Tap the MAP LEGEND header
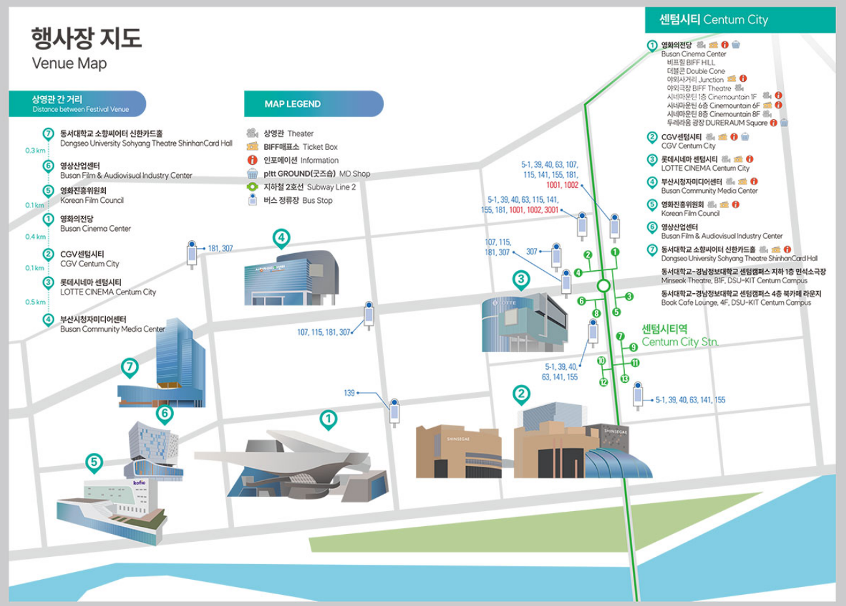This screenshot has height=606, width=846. coord(292,103)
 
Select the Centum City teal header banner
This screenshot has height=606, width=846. coord(739,20)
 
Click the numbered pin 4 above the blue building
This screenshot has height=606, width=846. coord(281,238)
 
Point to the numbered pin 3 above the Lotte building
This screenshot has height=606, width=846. coord(520,280)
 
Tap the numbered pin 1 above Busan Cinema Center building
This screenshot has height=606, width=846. coord(328,419)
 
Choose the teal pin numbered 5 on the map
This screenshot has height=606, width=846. coord(94,463)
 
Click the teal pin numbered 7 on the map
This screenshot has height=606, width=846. coord(130,367)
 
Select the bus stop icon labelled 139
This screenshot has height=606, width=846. coord(394,412)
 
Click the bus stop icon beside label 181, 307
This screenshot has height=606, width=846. coord(192,253)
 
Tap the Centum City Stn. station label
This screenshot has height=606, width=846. coord(679,335)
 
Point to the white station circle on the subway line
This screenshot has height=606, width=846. coord(603,286)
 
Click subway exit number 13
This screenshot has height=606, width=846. coord(624,379)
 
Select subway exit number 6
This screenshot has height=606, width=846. coord(581,301)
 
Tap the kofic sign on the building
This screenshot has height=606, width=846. coord(139,482)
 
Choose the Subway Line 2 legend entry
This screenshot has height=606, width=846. coord(309,187)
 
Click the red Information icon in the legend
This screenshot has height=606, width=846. coord(252,160)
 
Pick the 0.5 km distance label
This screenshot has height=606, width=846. coord(35,302)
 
